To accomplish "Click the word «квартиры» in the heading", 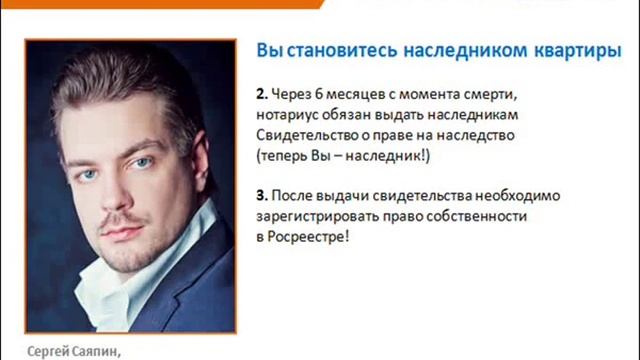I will (x=584, y=52).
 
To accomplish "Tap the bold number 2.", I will (x=262, y=95).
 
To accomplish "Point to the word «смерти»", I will (x=496, y=95).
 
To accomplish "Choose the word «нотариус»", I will (x=288, y=116).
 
